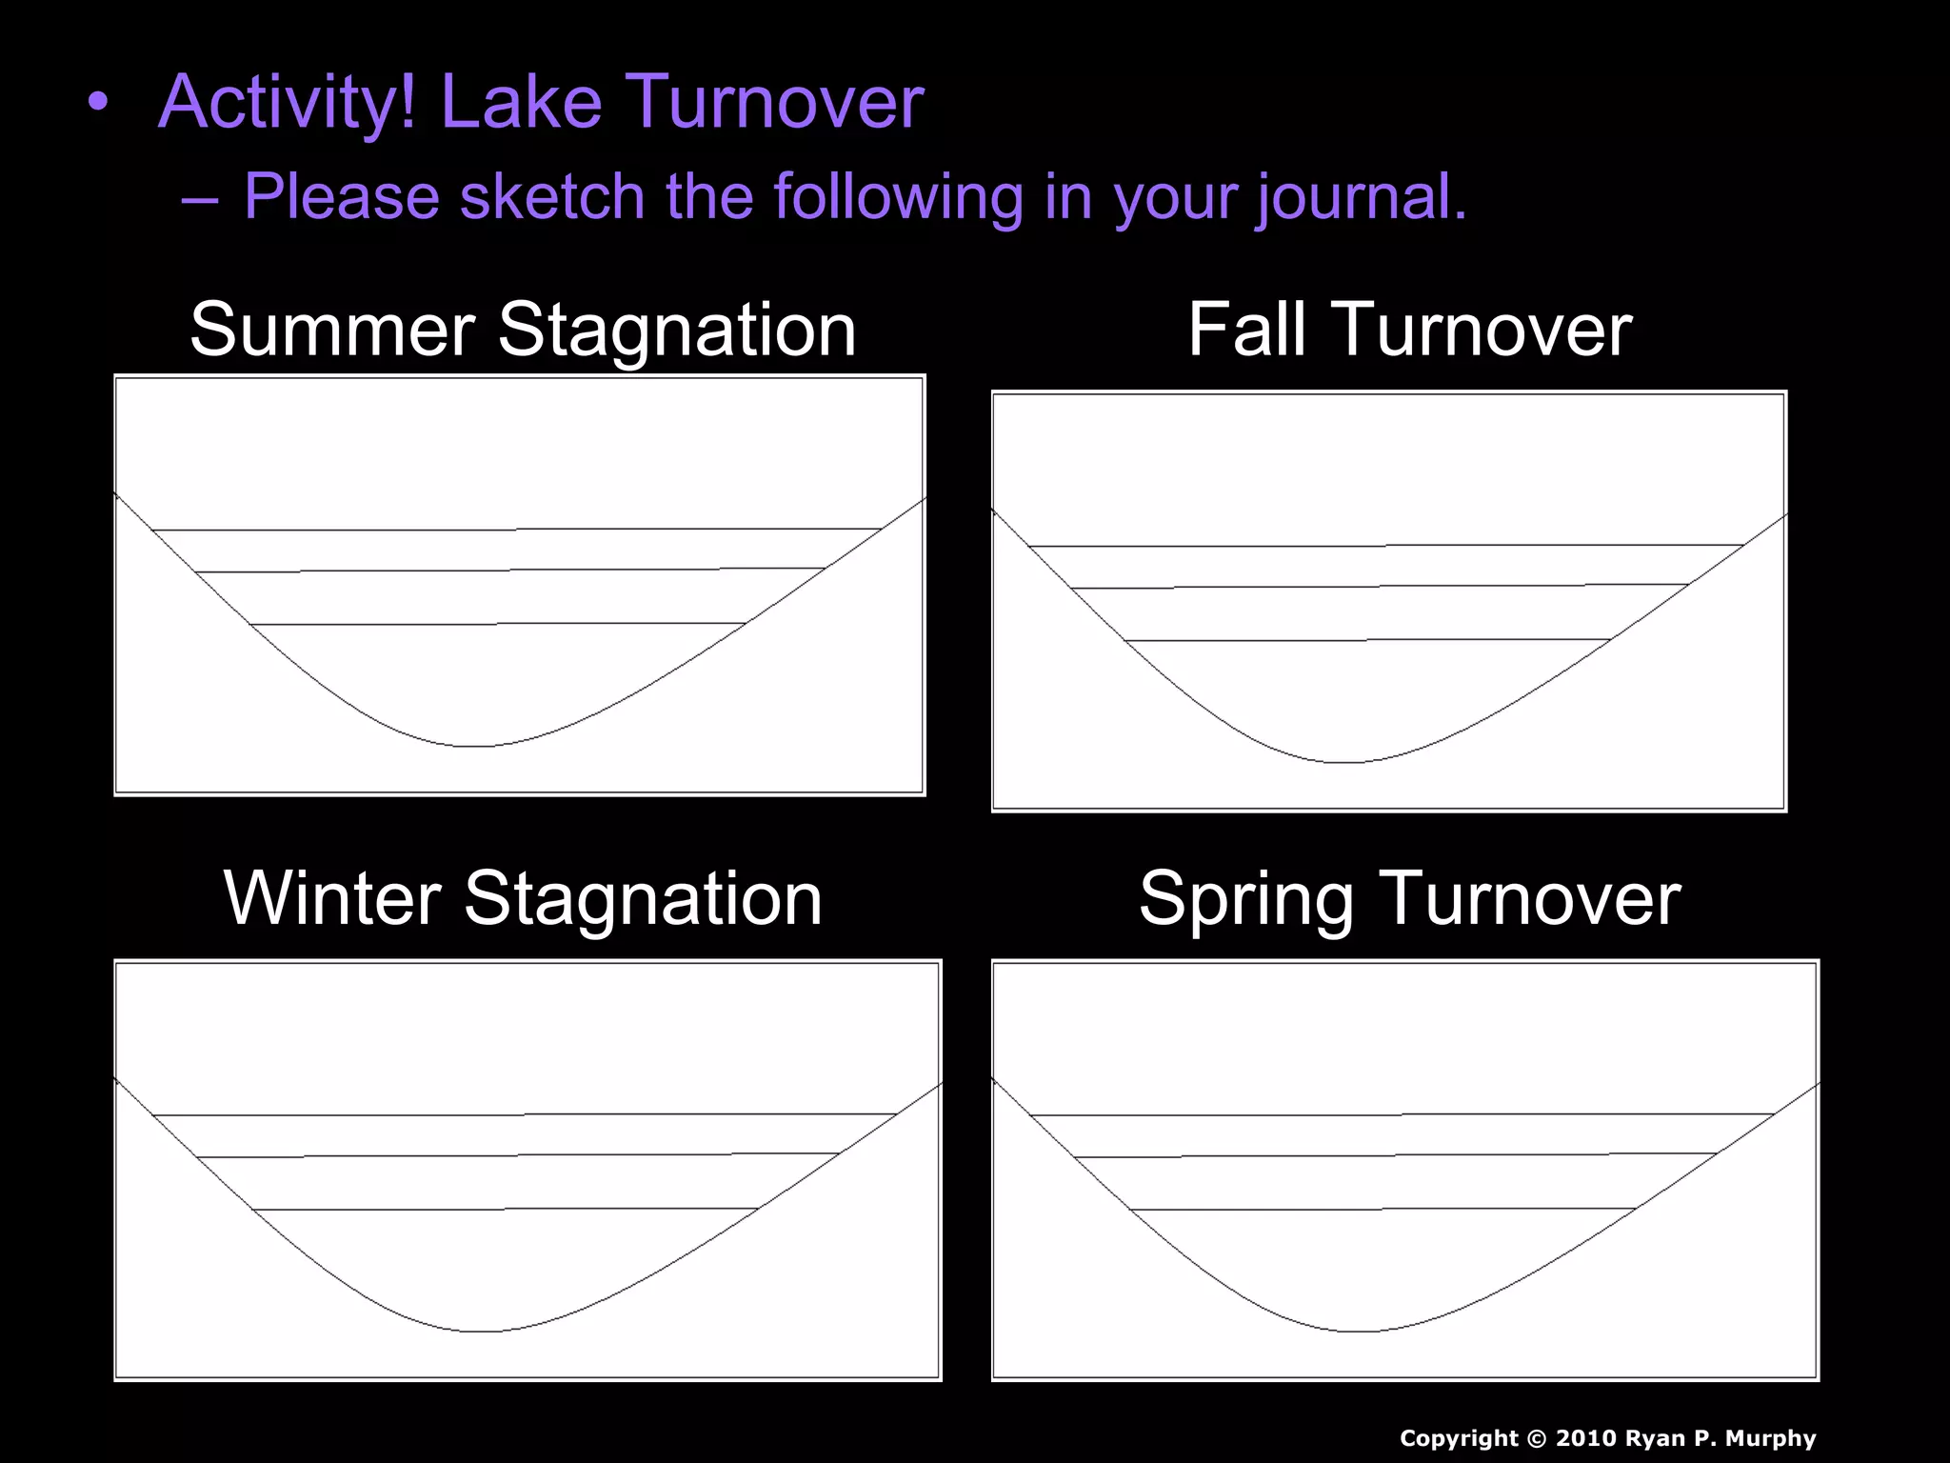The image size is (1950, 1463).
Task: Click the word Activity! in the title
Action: [287, 103]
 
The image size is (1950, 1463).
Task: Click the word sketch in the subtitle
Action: [552, 196]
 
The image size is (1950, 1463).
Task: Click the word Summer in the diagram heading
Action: [332, 330]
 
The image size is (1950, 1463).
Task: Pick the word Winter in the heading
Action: [332, 898]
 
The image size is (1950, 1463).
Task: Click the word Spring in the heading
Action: [1245, 900]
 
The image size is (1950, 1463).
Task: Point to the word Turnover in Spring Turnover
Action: [1530, 898]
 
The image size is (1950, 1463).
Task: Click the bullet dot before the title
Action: [97, 103]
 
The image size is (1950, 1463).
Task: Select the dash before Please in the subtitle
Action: [199, 198]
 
